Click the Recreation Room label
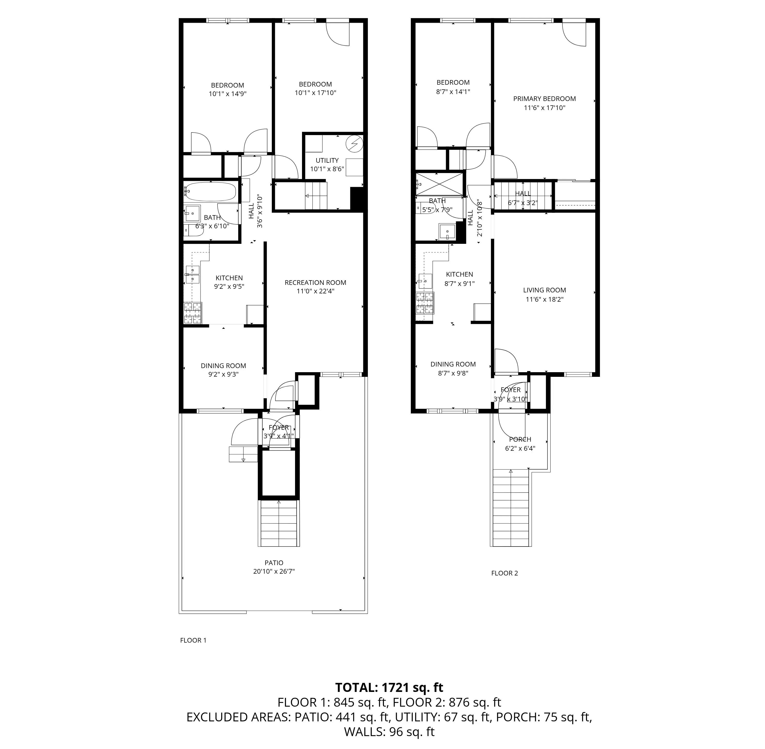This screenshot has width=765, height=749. (x=315, y=283)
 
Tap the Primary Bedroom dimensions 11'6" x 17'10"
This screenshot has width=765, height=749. (x=544, y=108)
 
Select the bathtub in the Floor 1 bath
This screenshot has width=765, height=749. (x=211, y=192)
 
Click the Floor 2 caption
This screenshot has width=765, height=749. (x=505, y=573)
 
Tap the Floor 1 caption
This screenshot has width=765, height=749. (x=193, y=640)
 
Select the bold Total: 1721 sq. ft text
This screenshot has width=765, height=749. (x=389, y=687)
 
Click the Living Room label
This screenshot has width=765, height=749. (x=544, y=290)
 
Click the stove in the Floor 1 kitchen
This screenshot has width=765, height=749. (x=193, y=313)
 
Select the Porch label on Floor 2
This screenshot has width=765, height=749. (x=520, y=439)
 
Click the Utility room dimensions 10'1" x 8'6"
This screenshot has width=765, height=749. (x=327, y=169)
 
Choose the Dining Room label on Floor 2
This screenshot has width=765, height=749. (x=453, y=364)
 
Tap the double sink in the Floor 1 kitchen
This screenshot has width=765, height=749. (x=192, y=274)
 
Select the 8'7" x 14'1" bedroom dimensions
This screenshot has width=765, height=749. (x=453, y=92)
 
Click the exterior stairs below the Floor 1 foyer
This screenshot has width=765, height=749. (x=279, y=523)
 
